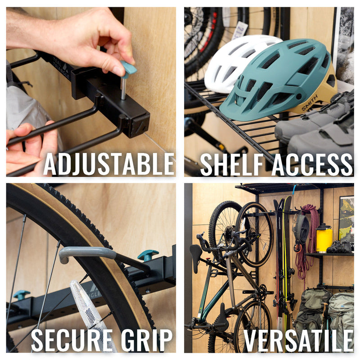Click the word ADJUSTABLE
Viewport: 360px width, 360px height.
coord(108,164)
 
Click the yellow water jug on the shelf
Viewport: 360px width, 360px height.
coord(324,238)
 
